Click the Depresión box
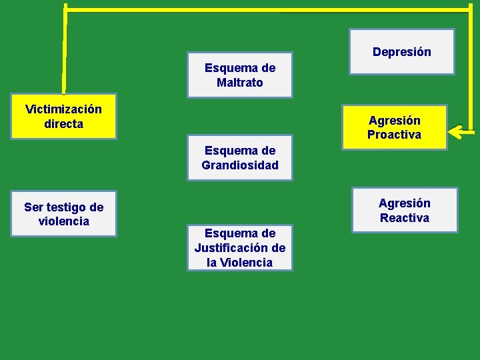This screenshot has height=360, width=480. coord(402,51)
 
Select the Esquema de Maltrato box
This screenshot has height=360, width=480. coord(239,75)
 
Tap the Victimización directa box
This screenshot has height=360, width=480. coord(63,116)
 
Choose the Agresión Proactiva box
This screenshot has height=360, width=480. coord(394,127)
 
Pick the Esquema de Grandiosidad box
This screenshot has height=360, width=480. coord(239,157)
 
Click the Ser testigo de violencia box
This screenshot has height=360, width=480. coord(63,214)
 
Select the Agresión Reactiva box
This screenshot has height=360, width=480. coord(405,210)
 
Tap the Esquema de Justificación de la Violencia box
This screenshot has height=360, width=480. coord(239,247)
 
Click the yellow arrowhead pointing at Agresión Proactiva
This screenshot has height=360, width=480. coord(455,131)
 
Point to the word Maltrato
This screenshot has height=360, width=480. coord(239,83)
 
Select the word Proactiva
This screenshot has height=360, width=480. coord(394,135)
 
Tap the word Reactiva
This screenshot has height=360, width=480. coord(405,218)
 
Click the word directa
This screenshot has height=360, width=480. coord(63,124)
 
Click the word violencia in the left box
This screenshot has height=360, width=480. coord(63,221)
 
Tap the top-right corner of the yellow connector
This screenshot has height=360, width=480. coord(471,9)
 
